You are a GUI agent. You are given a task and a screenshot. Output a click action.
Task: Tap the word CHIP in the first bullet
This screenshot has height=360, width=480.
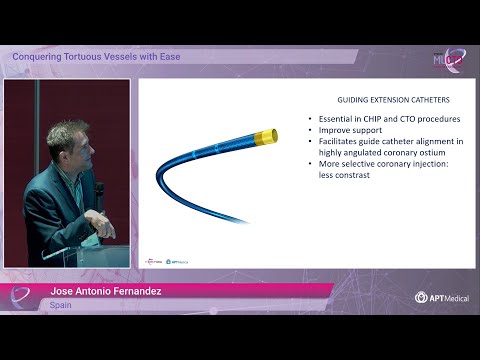tap(363, 119)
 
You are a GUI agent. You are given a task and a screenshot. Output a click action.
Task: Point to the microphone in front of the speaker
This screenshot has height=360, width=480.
tap(98, 189)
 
